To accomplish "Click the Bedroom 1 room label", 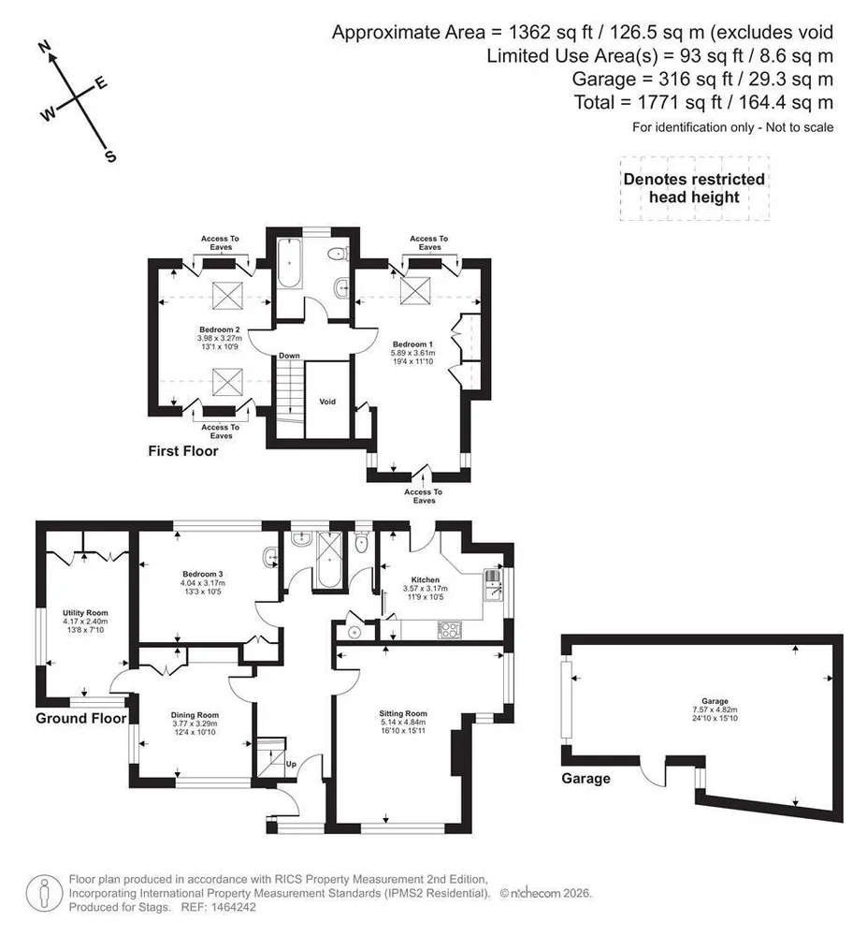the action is coord(412,344).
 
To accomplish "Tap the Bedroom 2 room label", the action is coord(220,329).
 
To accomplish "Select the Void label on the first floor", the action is coord(327,402).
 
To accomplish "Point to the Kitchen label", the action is coord(426,579).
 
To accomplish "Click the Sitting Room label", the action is coord(403,713).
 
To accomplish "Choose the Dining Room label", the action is coord(195,715).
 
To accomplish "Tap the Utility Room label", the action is coord(85,612).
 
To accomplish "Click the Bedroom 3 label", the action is coord(203,575).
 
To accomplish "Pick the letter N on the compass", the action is coord(44,47).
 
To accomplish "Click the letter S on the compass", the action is coord(110,156).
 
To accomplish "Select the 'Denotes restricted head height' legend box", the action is coord(695,189).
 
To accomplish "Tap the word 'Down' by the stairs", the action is coord(289,356).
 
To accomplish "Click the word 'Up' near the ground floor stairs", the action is coord(291,764).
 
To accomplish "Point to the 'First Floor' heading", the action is coord(183,451).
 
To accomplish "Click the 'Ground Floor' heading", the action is coord(81,718).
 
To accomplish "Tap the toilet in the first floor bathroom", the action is coord(338,254).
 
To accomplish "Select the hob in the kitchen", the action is coord(450,630).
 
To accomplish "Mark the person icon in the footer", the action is coord(44,893).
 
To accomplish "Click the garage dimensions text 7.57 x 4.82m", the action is coord(715,709).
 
